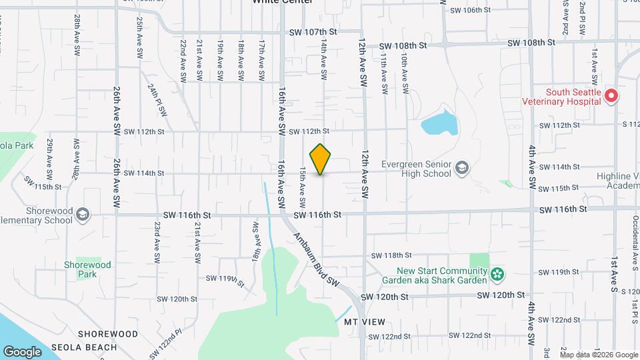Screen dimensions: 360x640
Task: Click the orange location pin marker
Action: pos(321,159)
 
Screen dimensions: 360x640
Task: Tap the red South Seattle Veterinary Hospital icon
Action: pos(611,97)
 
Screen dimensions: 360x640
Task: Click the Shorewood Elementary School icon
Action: pos(82,215)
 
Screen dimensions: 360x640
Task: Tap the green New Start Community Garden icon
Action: pos(497,274)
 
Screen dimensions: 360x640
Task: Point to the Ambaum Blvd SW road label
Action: pos(317,260)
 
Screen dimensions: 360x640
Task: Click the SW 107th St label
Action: pos(313,32)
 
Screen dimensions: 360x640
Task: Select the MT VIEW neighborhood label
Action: pos(365,321)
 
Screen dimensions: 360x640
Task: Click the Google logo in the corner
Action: pos(23,351)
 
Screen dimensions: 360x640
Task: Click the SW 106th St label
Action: pos(470,10)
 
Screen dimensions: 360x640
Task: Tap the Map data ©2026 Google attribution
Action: pos(598,355)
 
